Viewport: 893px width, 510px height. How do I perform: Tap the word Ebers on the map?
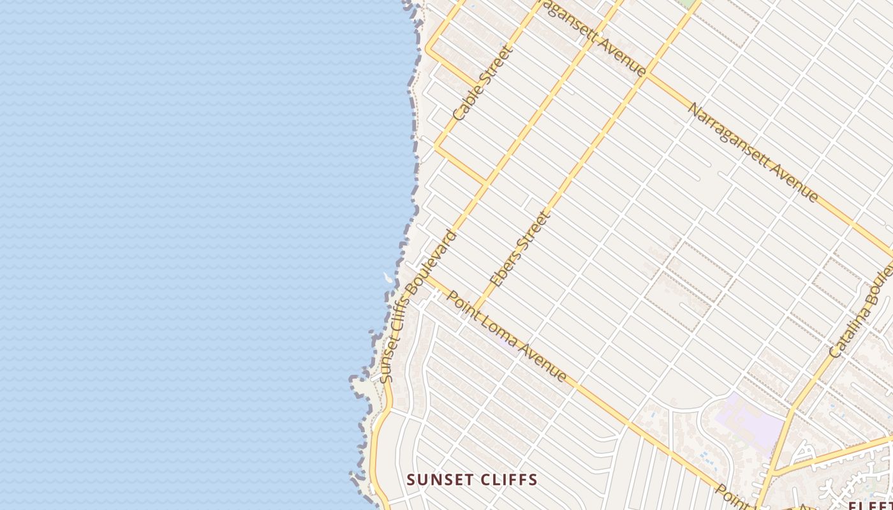click(x=504, y=265)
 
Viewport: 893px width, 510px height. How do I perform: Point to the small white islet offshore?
click(x=387, y=277)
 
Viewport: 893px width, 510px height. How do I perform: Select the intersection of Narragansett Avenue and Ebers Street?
click(x=647, y=76)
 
